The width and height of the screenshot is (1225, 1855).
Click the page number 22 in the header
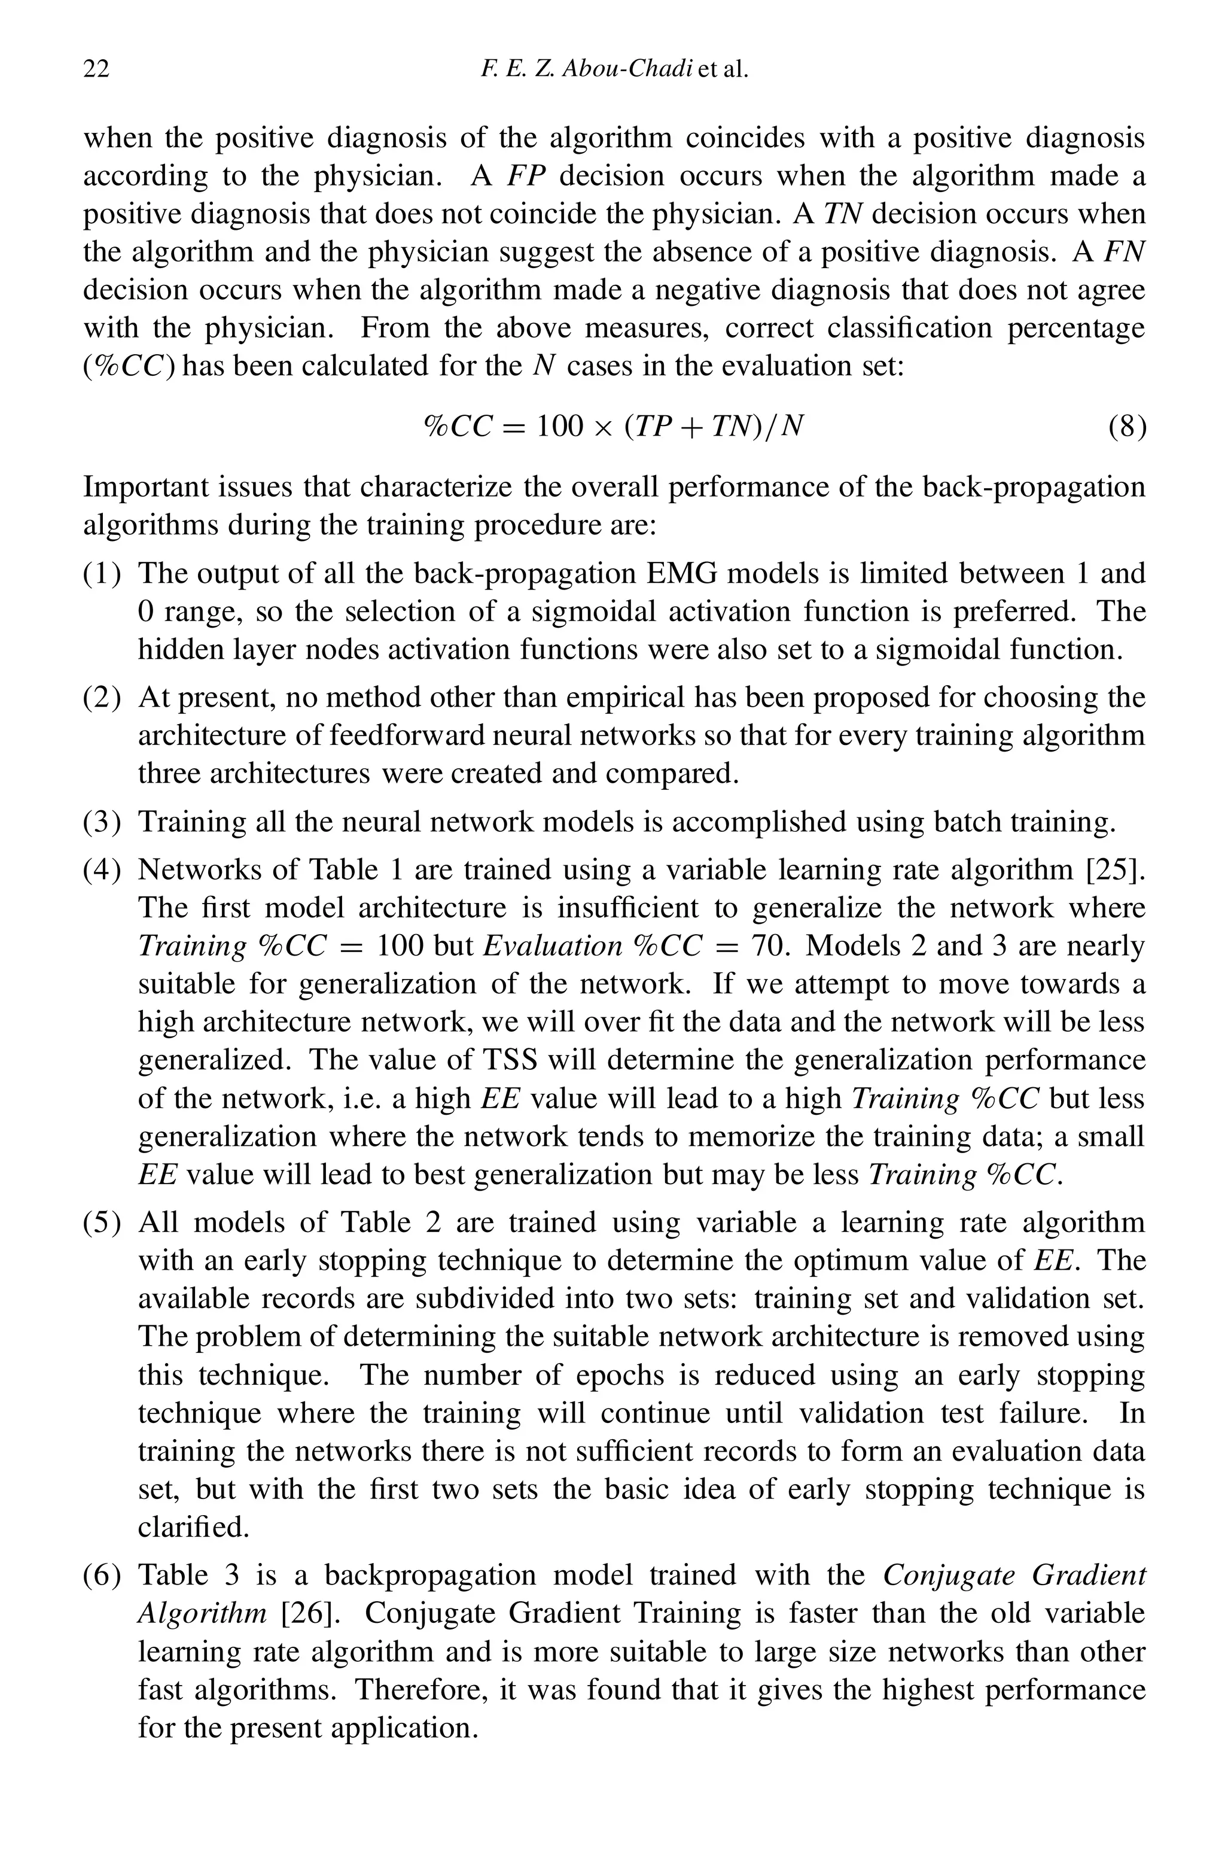(x=96, y=69)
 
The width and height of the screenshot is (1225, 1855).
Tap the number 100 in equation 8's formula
(x=559, y=427)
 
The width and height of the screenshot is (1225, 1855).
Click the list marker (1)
(x=102, y=573)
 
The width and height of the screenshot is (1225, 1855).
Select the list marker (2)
(x=102, y=697)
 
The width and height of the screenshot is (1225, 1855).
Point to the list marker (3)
(x=102, y=822)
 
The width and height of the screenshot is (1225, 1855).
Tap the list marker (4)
(x=102, y=869)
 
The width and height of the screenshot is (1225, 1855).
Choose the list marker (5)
(x=102, y=1222)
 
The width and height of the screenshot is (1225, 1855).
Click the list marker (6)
(x=102, y=1576)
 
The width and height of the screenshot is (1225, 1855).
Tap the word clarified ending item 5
(x=193, y=1527)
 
